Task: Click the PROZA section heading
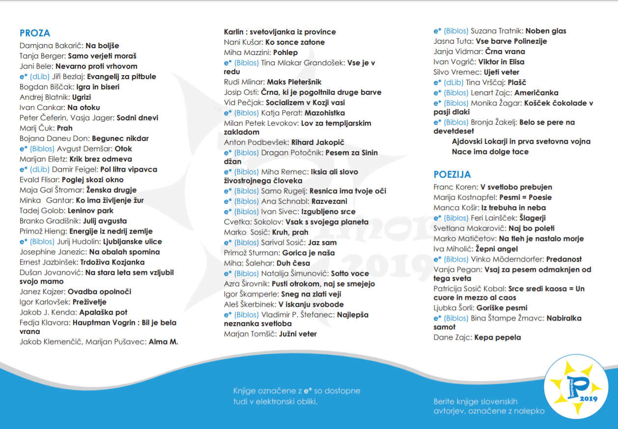[x=35, y=33]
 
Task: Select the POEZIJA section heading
[x=452, y=175]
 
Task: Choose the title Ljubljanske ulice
[x=132, y=242]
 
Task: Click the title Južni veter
[x=298, y=334]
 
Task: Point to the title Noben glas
[x=546, y=31]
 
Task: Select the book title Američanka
[x=537, y=93]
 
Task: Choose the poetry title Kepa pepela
[x=498, y=338]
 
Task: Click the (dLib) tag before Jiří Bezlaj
[x=40, y=77]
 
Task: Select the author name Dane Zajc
[x=452, y=338]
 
